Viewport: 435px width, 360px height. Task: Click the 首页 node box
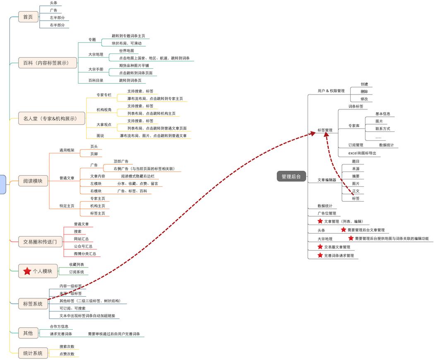coord(28,17)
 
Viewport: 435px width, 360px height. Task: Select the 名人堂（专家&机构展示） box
coord(51,118)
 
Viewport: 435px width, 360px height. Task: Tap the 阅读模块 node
coord(33,181)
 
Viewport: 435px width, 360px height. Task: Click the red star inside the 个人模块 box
coord(27,271)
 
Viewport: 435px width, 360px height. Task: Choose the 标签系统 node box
coord(33,304)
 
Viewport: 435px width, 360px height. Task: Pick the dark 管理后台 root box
coord(291,176)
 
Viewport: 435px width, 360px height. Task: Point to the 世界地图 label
coord(126,51)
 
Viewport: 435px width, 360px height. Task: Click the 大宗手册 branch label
coord(96,69)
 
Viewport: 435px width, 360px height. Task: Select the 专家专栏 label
coord(104,95)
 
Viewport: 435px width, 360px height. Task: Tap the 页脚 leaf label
coord(94,154)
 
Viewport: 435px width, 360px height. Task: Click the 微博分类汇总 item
coord(85,254)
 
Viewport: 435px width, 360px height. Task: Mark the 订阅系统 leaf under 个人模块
coord(77,272)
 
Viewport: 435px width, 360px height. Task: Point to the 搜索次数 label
coord(67,346)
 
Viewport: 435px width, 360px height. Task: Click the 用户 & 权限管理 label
coord(331,91)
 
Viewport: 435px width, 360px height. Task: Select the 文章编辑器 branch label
coord(327,180)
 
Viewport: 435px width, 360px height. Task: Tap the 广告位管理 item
coord(327,213)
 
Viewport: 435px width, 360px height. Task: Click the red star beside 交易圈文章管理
coord(320,247)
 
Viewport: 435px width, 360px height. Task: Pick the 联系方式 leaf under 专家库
coord(382,128)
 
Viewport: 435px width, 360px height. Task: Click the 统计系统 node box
coord(33,353)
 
